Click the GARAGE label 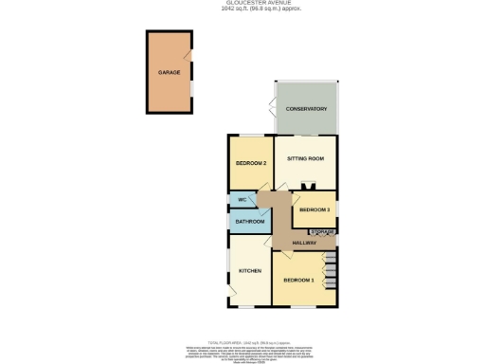(x=169, y=72)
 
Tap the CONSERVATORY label (x=305, y=109)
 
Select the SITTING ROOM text (x=305, y=158)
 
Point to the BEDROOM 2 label (x=249, y=163)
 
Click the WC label (x=242, y=200)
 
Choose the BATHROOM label (x=249, y=222)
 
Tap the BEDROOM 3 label (x=314, y=209)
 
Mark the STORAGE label (x=321, y=231)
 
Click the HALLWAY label (x=303, y=243)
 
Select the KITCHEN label (x=249, y=271)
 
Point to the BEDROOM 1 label (x=298, y=282)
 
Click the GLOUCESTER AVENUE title (x=242, y=4)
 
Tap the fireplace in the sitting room (x=305, y=186)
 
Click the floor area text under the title (x=242, y=9)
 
